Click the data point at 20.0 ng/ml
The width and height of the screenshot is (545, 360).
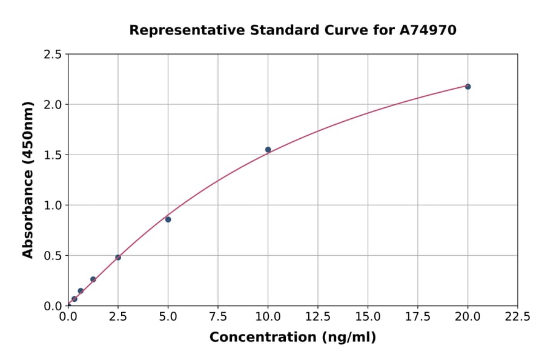tap(467, 87)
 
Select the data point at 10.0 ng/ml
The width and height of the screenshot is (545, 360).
tap(268, 150)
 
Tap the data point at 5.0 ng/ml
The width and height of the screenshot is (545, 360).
tap(168, 219)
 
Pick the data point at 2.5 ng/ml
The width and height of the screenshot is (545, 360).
tap(118, 258)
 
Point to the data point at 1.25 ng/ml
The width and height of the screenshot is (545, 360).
tap(93, 279)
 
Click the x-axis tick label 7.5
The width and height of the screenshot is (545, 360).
tap(218, 316)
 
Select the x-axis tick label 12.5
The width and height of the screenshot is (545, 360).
tap(318, 316)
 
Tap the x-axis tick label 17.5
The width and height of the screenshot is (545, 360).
tap(418, 316)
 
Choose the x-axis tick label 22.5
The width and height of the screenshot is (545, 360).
tap(518, 316)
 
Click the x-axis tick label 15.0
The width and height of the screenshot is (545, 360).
tap(368, 316)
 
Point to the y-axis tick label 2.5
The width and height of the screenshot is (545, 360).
tap(53, 55)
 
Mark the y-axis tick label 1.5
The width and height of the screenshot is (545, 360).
tap(53, 155)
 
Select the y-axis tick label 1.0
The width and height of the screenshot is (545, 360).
tap(53, 205)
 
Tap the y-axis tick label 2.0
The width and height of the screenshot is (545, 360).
tap(53, 105)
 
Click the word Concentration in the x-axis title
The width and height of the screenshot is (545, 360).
tap(263, 338)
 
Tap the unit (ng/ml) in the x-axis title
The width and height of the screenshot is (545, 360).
tap(348, 338)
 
